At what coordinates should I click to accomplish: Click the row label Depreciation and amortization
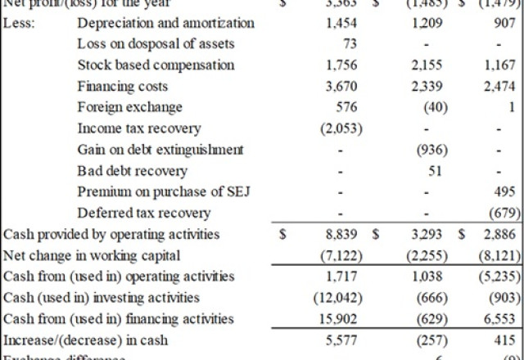pos(165,23)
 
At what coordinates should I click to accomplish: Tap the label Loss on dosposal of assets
pos(156,44)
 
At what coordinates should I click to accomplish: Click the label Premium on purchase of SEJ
pos(164,193)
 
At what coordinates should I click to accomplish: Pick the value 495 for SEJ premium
pos(506,193)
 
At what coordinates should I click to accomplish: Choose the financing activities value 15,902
pos(338,319)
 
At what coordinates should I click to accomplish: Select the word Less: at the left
pos(19,23)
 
